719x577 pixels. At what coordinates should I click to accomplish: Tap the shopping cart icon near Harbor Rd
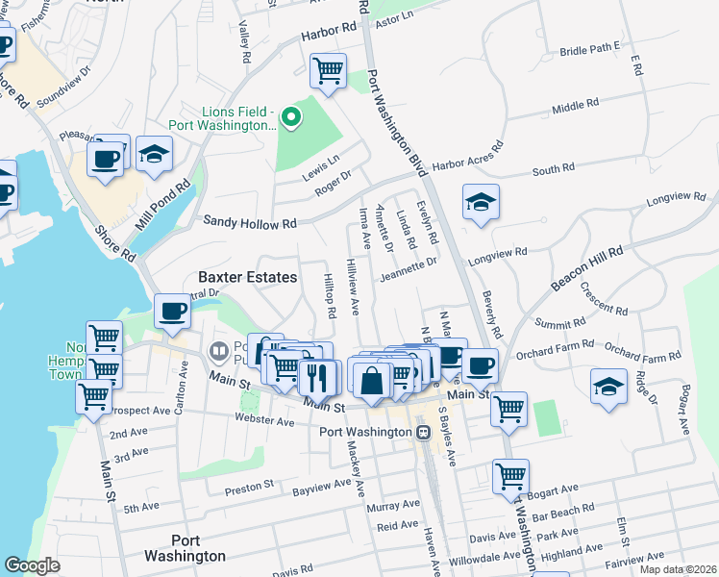tap(328, 70)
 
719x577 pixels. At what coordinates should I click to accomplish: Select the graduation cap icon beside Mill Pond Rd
tap(153, 155)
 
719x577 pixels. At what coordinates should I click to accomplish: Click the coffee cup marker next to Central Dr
tap(172, 312)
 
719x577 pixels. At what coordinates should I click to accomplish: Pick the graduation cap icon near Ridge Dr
tap(607, 387)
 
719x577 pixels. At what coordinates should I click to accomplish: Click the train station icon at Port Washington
tap(422, 433)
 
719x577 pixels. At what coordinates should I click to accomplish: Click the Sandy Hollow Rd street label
tap(250, 223)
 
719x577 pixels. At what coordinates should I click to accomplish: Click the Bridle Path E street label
tap(590, 47)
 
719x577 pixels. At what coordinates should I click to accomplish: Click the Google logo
tap(32, 565)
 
